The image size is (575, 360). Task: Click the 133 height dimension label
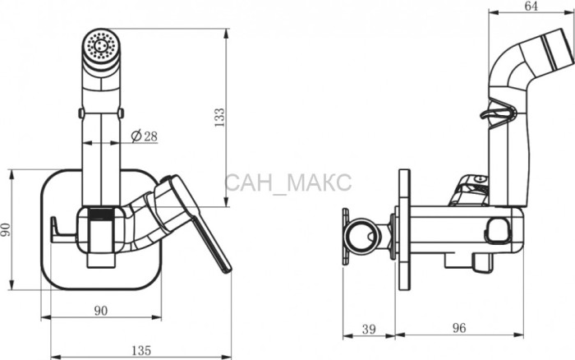pyautogui.click(x=219, y=117)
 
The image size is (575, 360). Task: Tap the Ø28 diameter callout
pyautogui.click(x=144, y=136)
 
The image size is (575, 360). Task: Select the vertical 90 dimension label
pyautogui.click(x=6, y=229)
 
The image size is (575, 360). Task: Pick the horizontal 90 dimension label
pyautogui.click(x=101, y=311)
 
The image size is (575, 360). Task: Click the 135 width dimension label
pyautogui.click(x=141, y=350)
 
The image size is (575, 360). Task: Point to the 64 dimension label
pyautogui.click(x=531, y=6)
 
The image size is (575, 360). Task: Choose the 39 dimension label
pyautogui.click(x=369, y=329)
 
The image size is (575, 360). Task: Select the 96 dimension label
pyautogui.click(x=458, y=328)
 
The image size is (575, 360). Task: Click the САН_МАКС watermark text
pyautogui.click(x=288, y=182)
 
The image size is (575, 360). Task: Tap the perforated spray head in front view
pyautogui.click(x=101, y=46)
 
